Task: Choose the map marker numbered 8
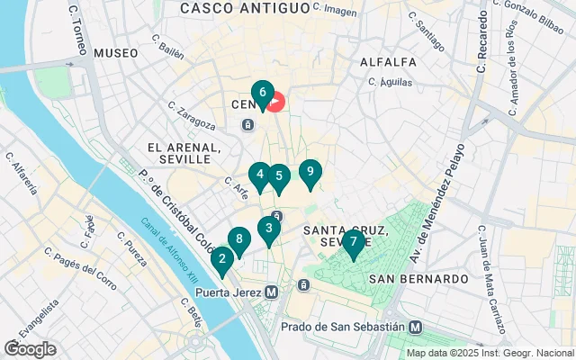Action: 238,240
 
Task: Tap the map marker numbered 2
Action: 222,260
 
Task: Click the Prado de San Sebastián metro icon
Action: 416,327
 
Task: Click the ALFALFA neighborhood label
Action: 387,62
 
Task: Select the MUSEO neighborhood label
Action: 116,54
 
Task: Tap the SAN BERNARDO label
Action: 418,279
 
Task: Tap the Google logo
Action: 30,349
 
